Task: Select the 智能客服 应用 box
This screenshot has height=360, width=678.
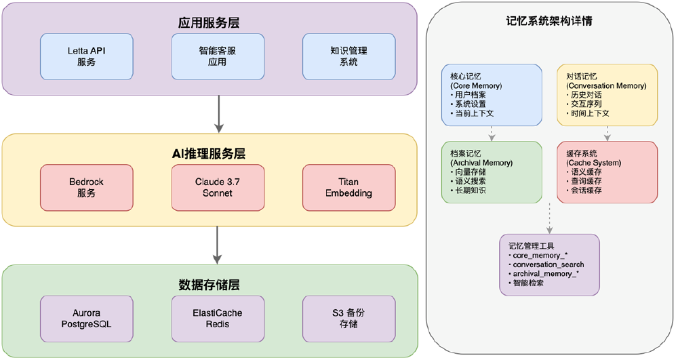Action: [x=217, y=56]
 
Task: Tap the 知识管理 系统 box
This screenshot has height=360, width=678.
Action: [x=348, y=56]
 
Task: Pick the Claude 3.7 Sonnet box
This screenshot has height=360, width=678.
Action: [x=217, y=188]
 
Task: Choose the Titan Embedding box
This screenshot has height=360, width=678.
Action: [x=348, y=188]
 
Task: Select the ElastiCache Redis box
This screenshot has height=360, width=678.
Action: [x=217, y=319]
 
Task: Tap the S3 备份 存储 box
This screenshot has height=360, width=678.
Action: [x=348, y=319]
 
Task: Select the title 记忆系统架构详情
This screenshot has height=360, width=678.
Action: [x=550, y=21]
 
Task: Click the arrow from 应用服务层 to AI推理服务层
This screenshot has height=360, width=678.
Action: [x=218, y=114]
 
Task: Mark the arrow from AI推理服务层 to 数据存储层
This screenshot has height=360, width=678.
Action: [x=218, y=245]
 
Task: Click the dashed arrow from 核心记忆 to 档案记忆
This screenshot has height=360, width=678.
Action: [x=492, y=134]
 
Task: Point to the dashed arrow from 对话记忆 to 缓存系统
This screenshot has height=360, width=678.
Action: [x=607, y=134]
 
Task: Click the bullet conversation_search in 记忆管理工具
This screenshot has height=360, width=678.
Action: [x=546, y=264]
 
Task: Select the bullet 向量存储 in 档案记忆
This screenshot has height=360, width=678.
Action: [x=470, y=172]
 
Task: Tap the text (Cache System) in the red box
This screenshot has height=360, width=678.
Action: [x=594, y=163]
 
